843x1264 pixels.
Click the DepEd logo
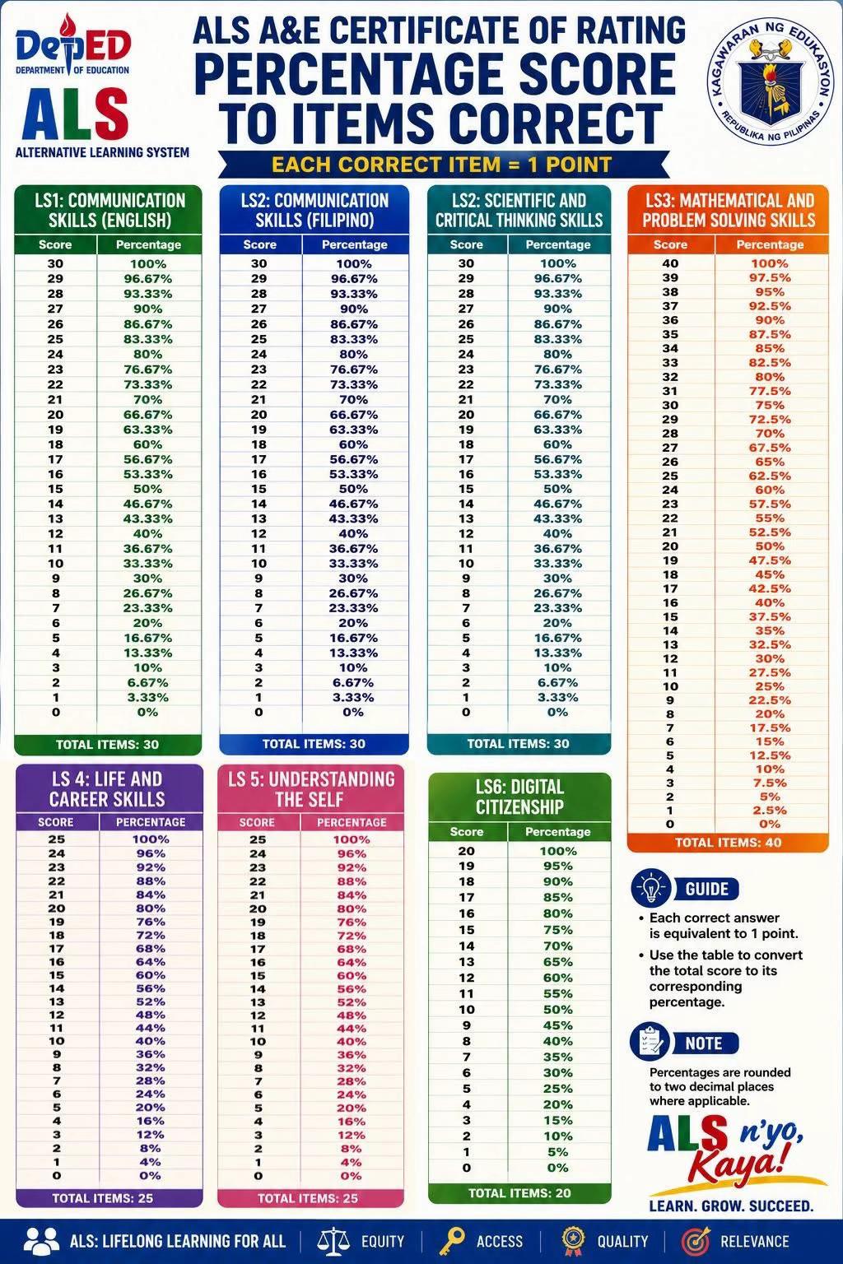(x=72, y=45)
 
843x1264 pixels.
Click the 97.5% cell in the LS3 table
(x=770, y=277)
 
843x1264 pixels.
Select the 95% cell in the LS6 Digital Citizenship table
(x=558, y=867)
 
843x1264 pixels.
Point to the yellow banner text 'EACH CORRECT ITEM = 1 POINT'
(x=441, y=165)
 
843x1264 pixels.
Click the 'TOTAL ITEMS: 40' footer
(x=728, y=843)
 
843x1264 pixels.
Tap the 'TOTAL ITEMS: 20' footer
(x=519, y=1193)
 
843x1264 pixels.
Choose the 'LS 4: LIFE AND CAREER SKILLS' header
(x=107, y=789)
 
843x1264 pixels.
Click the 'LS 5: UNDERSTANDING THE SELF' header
(x=310, y=789)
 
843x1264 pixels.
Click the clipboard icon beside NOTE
(x=650, y=1043)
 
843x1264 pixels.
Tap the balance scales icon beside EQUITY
(x=333, y=1240)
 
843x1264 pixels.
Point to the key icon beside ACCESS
(x=452, y=1240)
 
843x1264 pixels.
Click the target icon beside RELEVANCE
(x=695, y=1240)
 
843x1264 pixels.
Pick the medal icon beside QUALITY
(x=573, y=1240)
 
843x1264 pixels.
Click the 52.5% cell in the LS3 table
(x=770, y=532)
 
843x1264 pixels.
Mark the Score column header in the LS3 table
(x=670, y=244)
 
